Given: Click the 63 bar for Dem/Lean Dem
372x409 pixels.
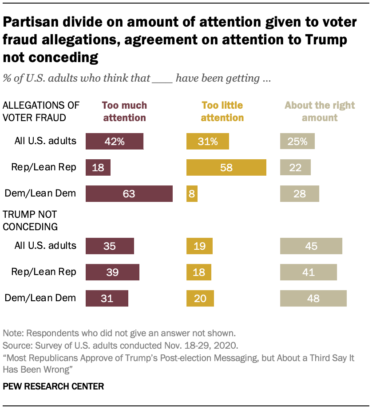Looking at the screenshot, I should [x=129, y=193].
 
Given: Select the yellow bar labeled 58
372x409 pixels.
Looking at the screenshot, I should [x=226, y=168].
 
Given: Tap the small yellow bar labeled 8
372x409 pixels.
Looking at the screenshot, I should [x=192, y=193].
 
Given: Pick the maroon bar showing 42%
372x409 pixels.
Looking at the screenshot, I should [x=115, y=142].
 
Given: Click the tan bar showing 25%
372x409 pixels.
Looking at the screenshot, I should [x=297, y=142].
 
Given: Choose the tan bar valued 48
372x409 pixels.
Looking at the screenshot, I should [x=313, y=298].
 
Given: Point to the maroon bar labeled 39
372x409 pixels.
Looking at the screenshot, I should [x=112, y=272].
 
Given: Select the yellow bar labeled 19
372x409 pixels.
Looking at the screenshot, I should [x=199, y=246].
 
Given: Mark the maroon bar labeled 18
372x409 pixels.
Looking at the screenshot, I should [x=98, y=168].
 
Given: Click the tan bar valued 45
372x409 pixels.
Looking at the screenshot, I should [x=311, y=246].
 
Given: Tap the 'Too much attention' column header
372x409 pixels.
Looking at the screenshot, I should [x=124, y=112].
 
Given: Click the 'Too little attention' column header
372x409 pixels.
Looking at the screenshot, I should [x=222, y=112].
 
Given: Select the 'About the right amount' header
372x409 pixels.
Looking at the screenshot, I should [x=320, y=112].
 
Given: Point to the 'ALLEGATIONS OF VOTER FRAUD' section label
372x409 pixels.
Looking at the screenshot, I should [x=41, y=112].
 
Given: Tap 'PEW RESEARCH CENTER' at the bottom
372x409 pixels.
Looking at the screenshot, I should [x=53, y=386].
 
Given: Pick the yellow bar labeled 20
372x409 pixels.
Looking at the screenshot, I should [x=200, y=298].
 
